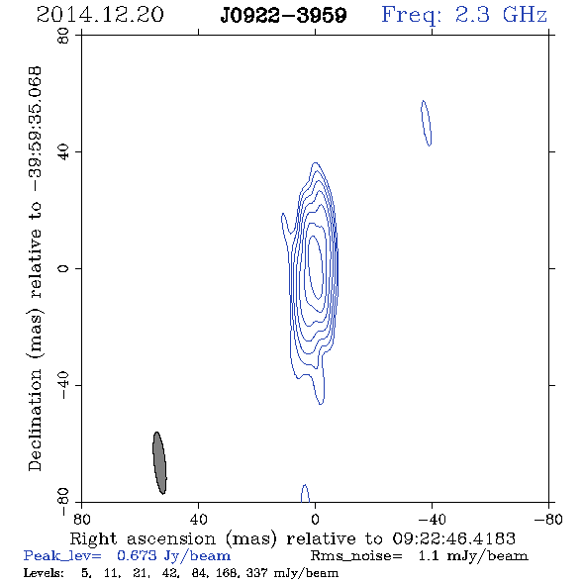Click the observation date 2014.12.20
coord(100,15)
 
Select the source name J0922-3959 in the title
coord(284,16)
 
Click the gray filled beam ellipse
coord(159,463)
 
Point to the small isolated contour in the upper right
coord(426,123)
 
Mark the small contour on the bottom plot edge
coord(305,493)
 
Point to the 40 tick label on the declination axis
coord(63,152)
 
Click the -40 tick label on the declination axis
coord(63,385)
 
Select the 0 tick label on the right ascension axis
coord(315,520)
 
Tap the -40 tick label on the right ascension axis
coord(432,520)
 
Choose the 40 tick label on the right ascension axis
coord(198,520)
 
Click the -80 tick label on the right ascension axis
coord(548,520)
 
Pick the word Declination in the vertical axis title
coord(35,420)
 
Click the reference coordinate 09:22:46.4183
coord(454,538)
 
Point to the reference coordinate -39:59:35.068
coord(36,129)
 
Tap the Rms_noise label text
coord(356,556)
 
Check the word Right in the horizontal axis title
coord(93,539)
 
